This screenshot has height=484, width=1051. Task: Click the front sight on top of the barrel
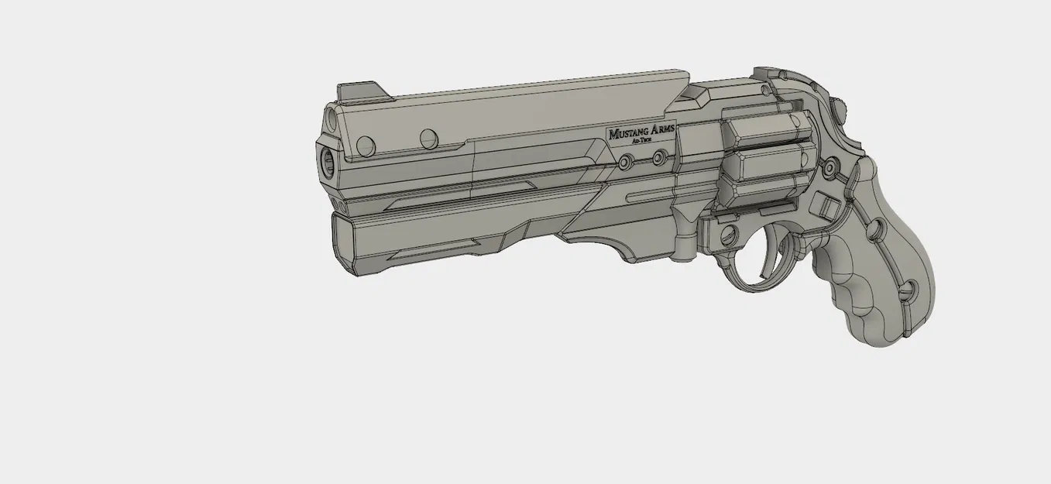click(x=361, y=91)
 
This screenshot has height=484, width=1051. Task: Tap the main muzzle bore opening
click(x=326, y=163)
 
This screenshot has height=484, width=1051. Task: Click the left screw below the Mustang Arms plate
click(x=625, y=160)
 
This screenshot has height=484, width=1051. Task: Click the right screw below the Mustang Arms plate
click(x=658, y=158)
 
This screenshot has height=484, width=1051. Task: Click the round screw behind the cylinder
click(x=830, y=166)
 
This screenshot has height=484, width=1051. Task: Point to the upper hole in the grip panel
click(x=875, y=228)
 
